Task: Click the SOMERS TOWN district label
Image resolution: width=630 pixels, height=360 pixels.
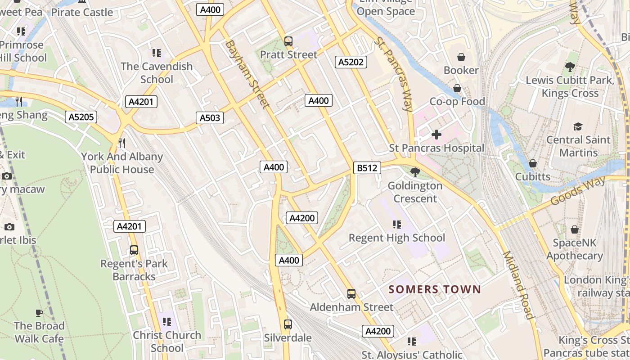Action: [435, 289]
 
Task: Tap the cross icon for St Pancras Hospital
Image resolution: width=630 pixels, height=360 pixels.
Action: [436, 135]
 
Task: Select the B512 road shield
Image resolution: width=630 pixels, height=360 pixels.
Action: [367, 168]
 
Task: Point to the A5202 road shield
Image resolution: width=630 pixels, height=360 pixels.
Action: [351, 62]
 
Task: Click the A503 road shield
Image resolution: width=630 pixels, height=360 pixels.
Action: [210, 118]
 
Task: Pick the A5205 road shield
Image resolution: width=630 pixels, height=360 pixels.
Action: [81, 117]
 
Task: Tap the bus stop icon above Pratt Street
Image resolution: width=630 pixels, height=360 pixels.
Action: [288, 41]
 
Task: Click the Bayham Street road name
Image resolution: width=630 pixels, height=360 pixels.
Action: [247, 75]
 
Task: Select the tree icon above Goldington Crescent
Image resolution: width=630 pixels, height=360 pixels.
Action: [415, 172]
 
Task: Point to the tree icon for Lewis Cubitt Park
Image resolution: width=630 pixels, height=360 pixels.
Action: [570, 67]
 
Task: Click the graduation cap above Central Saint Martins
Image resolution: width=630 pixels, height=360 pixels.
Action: [578, 127]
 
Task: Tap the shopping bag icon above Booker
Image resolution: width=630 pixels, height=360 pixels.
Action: [461, 57]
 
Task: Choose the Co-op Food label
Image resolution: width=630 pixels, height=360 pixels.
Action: [457, 102]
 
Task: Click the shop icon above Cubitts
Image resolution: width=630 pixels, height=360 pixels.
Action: [533, 163]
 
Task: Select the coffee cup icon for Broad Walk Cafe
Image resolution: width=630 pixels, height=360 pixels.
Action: [39, 313]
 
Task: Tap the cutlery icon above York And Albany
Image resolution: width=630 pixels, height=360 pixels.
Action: [121, 143]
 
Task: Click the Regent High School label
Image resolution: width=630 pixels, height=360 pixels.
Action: [397, 238]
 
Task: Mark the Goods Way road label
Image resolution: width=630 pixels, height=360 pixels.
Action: [578, 191]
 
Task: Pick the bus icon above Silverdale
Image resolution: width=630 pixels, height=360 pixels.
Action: [288, 324]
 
